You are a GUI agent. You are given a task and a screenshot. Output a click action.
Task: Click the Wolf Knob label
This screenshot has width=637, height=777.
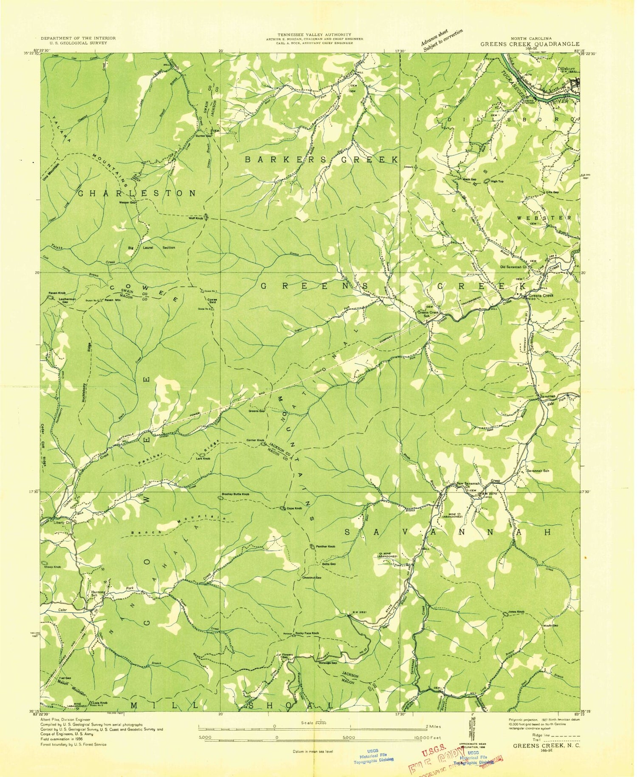coord(195,218)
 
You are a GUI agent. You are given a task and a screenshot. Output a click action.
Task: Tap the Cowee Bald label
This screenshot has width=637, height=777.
coord(212,301)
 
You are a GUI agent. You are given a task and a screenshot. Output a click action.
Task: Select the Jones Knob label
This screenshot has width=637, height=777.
coord(516,612)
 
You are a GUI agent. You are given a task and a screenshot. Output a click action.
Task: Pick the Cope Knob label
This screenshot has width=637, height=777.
coord(294,509)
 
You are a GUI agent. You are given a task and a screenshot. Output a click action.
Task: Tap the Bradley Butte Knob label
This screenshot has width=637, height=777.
coord(235,494)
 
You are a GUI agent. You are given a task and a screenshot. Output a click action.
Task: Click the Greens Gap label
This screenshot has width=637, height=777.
coord(256,411)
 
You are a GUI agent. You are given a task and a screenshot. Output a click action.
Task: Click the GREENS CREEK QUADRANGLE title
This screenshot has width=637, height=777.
coord(530,44)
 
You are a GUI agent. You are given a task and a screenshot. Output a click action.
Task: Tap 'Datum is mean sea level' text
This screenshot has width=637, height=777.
coord(313,751)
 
